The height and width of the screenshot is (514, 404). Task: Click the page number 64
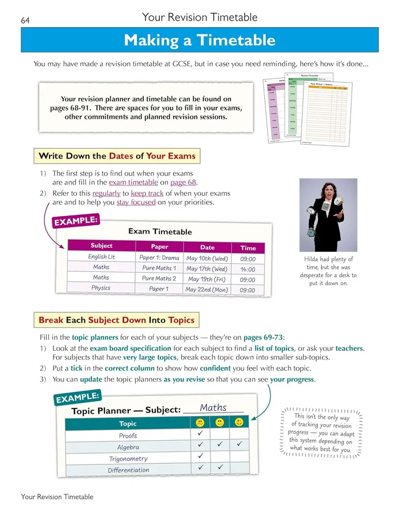[x=25, y=21]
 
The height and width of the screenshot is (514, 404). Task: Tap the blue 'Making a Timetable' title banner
[x=200, y=40]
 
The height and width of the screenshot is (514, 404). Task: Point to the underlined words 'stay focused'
[x=136, y=202]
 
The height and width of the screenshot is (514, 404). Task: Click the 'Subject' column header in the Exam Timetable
[x=102, y=245]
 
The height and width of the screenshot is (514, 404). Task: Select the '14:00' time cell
[x=248, y=269]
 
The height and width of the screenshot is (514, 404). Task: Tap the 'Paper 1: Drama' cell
[x=159, y=258]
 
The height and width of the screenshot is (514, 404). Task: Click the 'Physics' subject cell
[x=101, y=288]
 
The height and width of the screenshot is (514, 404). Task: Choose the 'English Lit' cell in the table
[x=102, y=257]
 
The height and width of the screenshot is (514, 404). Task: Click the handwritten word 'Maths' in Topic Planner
[x=213, y=407]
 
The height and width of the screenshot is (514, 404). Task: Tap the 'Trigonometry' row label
[x=128, y=459]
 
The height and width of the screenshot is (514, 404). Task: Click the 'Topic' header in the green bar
[x=128, y=424]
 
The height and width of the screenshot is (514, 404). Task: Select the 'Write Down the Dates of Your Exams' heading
[x=117, y=156]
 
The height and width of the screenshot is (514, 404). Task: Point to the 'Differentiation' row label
[x=128, y=470]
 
